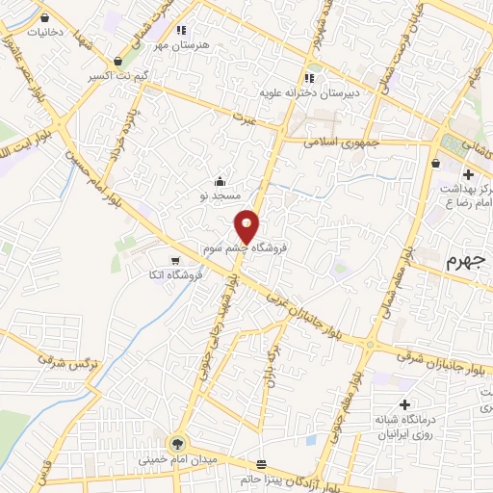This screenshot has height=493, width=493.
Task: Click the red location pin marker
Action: click(247, 226)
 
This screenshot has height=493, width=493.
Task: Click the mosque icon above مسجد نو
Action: click(221, 180)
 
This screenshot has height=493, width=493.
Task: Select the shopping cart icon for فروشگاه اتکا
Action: click(174, 260)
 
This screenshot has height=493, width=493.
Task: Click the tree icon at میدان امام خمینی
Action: click(177, 443)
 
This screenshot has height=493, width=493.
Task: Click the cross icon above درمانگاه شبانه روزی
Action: click(404, 404)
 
